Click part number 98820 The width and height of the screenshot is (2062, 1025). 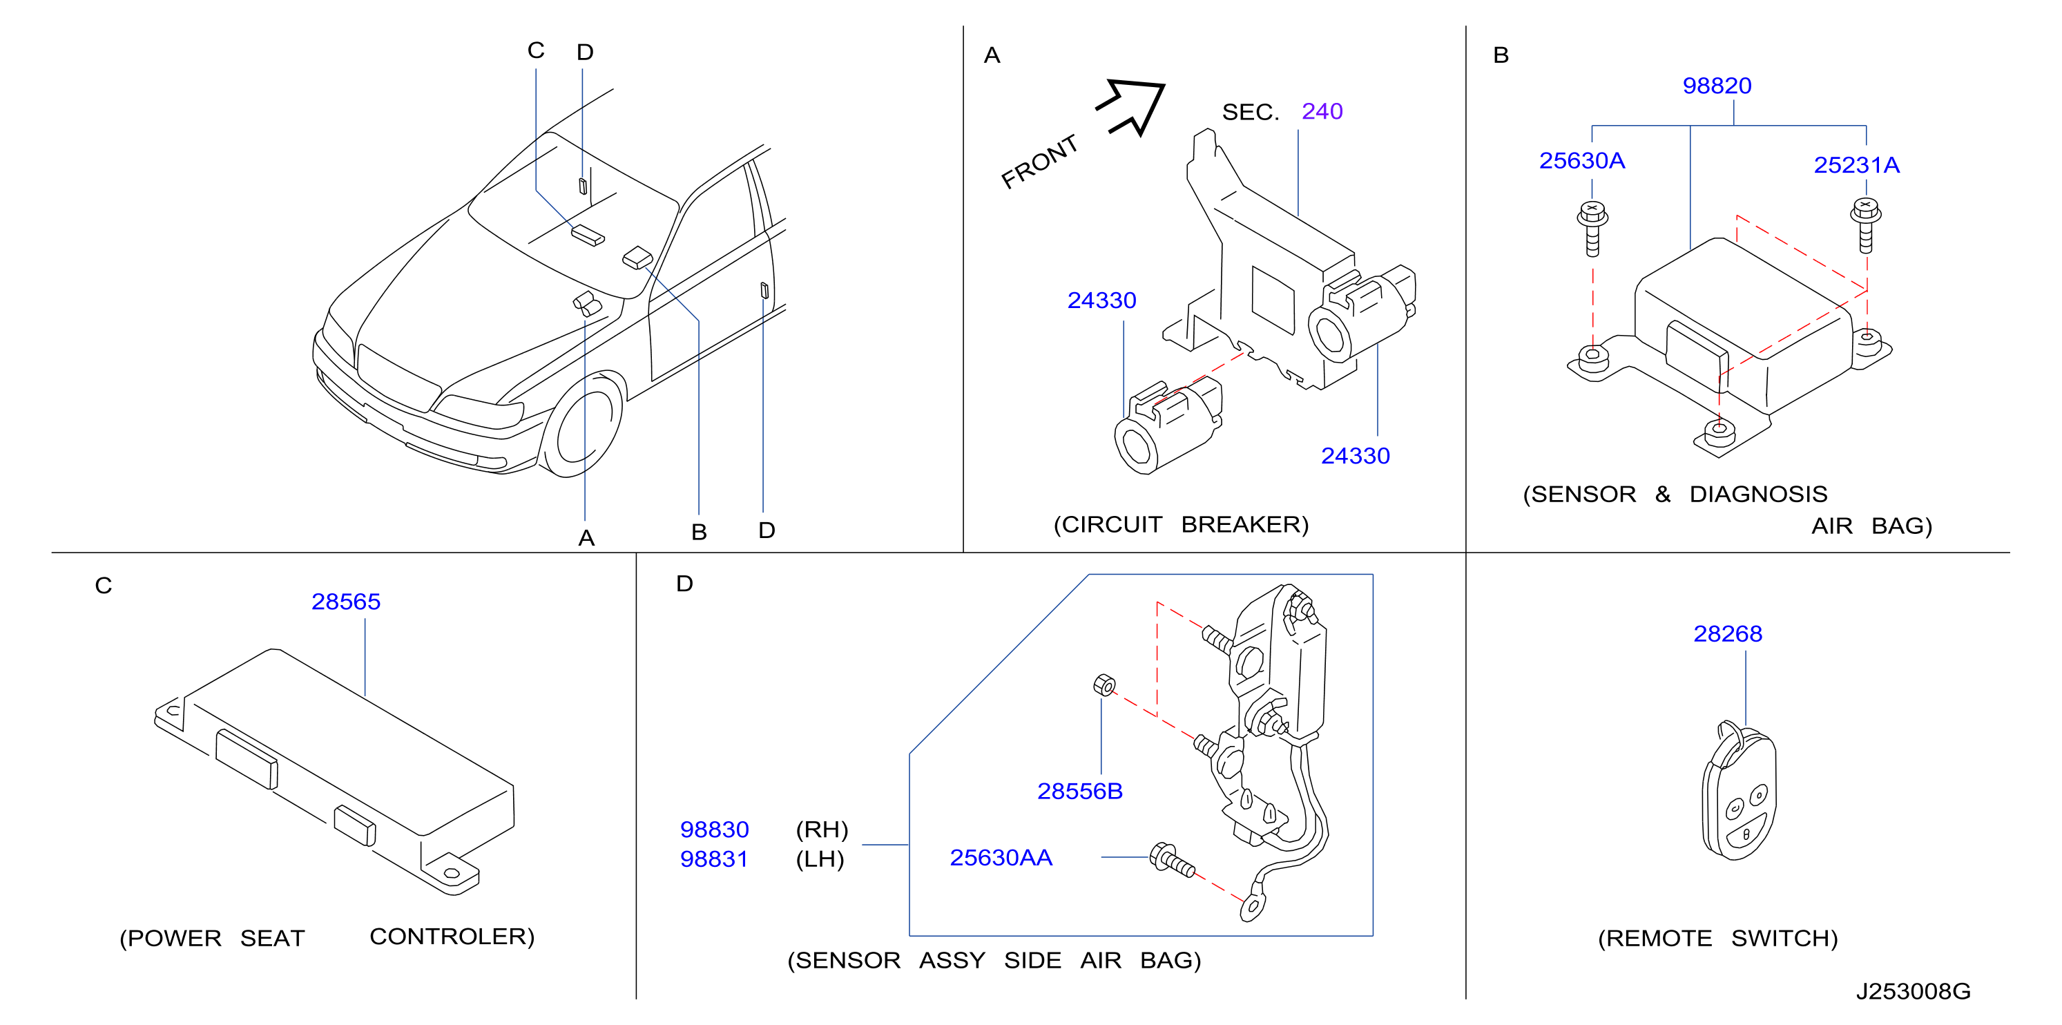point(1716,86)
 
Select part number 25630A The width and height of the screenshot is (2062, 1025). point(1582,161)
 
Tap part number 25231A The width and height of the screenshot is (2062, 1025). point(1856,165)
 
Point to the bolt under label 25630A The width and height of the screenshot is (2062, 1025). point(1592,229)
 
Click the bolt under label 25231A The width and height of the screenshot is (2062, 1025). point(1866,226)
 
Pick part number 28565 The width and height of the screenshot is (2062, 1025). point(346,602)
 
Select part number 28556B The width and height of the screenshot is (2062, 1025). point(1080,791)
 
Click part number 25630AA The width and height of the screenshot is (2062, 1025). point(1001,858)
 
